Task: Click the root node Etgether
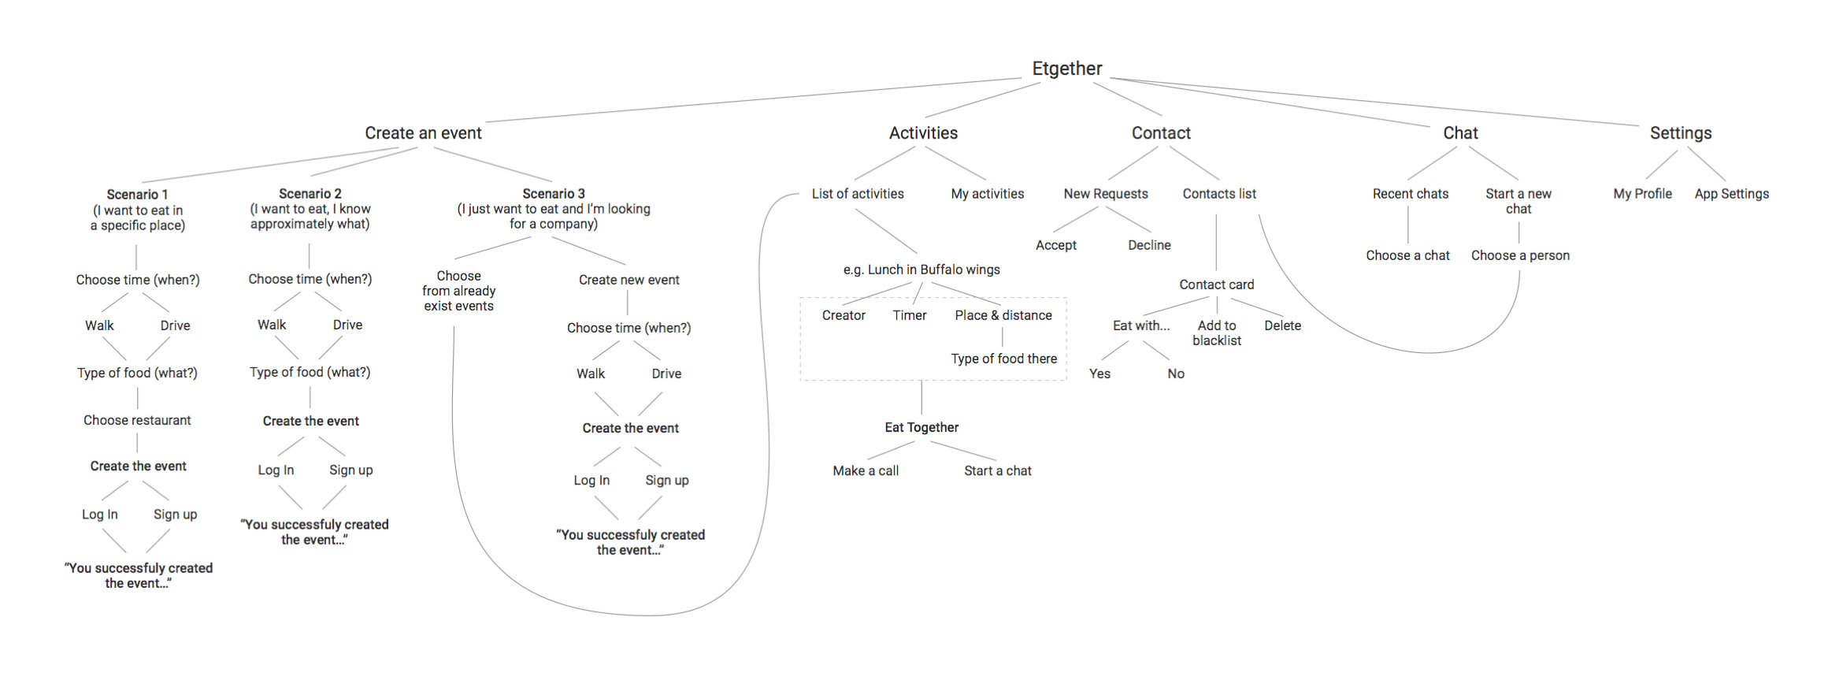[x=1067, y=69]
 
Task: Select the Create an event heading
[x=423, y=133]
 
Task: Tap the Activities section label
[x=923, y=133]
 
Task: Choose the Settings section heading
[x=1681, y=133]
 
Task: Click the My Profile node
[x=1642, y=194]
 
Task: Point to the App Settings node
[x=1731, y=194]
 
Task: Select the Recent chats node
[x=1410, y=194]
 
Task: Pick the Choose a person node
[x=1520, y=255]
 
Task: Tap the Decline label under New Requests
[x=1149, y=245]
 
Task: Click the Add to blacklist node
[x=1217, y=333]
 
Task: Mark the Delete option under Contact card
[x=1282, y=325]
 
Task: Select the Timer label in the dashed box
[x=910, y=315]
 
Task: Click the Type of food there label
[x=1003, y=359]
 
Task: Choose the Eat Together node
[x=921, y=427]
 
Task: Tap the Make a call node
[x=866, y=470]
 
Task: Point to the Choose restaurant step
[x=137, y=420]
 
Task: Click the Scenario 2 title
[x=310, y=194]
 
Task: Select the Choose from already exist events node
[x=458, y=291]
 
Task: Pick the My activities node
[x=987, y=194]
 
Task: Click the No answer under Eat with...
[x=1175, y=374]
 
